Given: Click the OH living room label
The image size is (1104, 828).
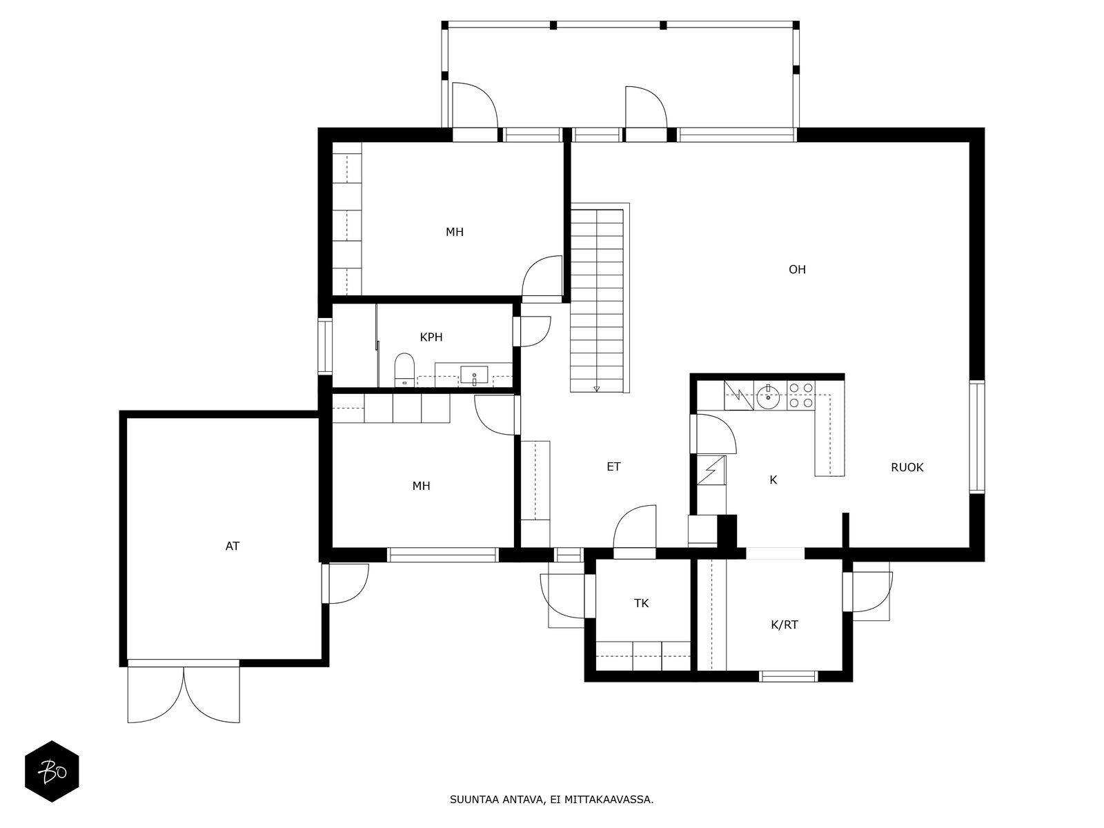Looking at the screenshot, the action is [x=797, y=270].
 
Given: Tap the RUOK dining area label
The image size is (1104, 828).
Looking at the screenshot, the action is [x=907, y=468].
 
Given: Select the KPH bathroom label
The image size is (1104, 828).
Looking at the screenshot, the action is [x=431, y=337].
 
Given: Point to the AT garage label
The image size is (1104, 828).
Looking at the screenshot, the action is [x=233, y=546].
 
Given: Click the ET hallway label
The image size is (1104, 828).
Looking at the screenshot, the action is [x=613, y=467].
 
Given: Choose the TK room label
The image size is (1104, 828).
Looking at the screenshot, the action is [x=641, y=603].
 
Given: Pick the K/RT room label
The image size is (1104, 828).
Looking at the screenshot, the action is [x=784, y=625].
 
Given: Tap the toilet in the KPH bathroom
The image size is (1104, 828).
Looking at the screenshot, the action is [x=404, y=370].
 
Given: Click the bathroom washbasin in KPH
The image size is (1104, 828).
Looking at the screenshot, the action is [x=474, y=375].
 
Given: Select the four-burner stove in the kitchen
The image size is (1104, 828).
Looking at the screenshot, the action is [x=800, y=395].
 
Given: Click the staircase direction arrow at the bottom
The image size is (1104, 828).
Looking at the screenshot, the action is [x=597, y=388].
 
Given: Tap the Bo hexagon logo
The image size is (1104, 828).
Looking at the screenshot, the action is [x=52, y=771].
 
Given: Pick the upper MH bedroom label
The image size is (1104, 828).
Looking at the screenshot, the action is [x=455, y=233].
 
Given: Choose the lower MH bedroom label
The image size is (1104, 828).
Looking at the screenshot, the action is [x=421, y=486].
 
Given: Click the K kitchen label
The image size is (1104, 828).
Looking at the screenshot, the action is [x=773, y=480].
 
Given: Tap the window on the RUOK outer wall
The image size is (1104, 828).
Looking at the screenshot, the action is [x=977, y=436].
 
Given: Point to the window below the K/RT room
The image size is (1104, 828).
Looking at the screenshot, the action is [x=788, y=676].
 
